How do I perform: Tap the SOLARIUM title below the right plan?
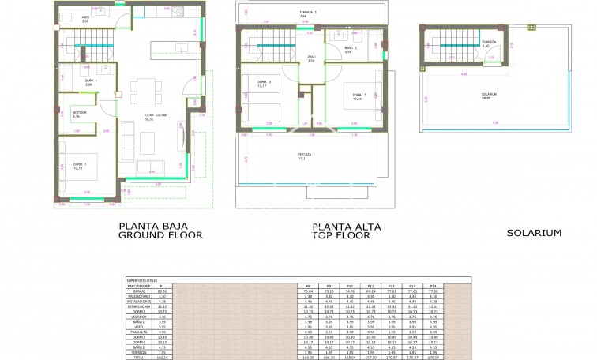pos(534,233)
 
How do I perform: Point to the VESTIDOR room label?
pos(80,114)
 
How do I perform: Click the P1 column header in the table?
pos(184,286)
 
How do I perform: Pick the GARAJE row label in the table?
pos(137,291)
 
